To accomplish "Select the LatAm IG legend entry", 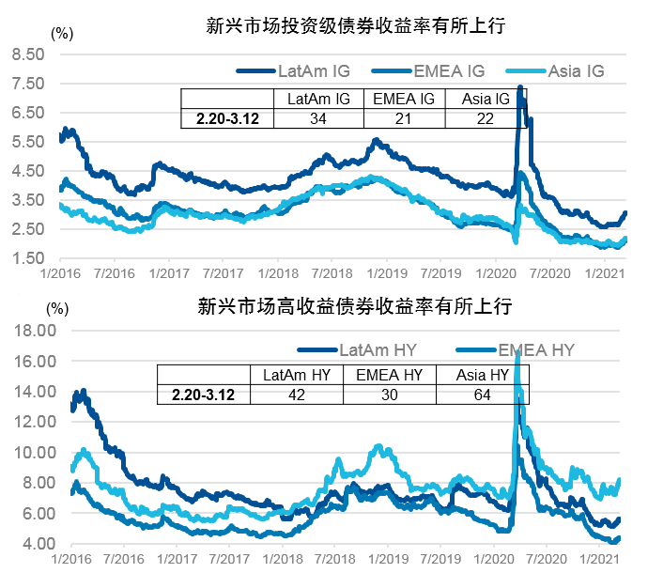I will [x=301, y=70].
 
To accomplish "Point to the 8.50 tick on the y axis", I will [x=27, y=55].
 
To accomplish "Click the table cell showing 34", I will [x=318, y=118].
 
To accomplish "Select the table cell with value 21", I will [x=403, y=118].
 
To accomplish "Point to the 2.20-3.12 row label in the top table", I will [x=226, y=118].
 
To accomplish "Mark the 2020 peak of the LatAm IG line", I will [x=520, y=88].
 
